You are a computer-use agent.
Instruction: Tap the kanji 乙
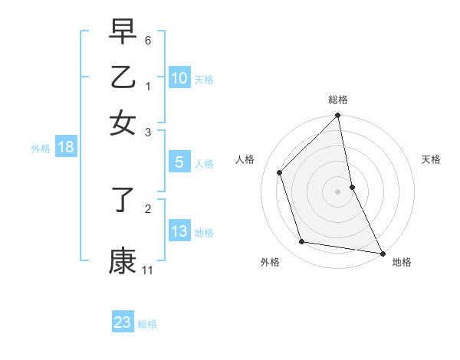(x=123, y=77)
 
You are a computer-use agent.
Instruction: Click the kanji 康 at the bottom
(x=123, y=261)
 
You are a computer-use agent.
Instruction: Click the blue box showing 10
(x=179, y=77)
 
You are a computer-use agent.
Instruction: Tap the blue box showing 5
(x=179, y=162)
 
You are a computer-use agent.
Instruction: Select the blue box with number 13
(x=179, y=231)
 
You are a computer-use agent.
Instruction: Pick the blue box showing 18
(x=66, y=148)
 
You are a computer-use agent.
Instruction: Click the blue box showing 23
(x=123, y=322)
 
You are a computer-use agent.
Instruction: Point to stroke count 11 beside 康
(x=147, y=270)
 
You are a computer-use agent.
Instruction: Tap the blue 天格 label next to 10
(x=204, y=79)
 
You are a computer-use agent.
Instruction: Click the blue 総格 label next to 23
(x=147, y=324)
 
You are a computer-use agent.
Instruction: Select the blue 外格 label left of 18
(x=41, y=149)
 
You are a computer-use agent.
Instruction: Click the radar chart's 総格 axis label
(x=338, y=100)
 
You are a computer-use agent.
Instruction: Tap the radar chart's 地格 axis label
(x=402, y=262)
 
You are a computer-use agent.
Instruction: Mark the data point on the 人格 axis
(x=280, y=173)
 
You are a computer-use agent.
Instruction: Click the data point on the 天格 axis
(x=352, y=187)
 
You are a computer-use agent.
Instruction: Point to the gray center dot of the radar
(x=338, y=191)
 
